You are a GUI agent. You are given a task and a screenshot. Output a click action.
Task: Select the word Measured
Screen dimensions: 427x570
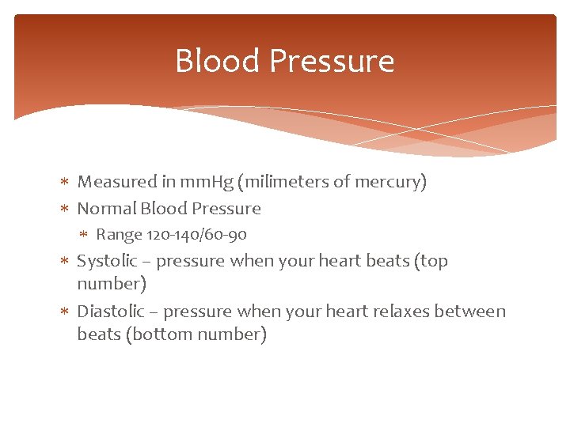[x=117, y=182]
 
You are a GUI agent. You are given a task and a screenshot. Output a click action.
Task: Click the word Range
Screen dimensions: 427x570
[x=119, y=235]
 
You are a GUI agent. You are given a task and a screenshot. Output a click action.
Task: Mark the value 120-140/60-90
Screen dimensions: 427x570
[x=196, y=235]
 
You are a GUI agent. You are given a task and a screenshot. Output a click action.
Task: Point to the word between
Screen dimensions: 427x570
[x=472, y=312]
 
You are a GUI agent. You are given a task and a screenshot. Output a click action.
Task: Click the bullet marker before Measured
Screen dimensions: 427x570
[x=65, y=183]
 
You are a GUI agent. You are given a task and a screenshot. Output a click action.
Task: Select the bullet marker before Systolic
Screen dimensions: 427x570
[x=65, y=261]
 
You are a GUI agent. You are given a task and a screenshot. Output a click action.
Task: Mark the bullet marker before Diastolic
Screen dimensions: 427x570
[x=65, y=312]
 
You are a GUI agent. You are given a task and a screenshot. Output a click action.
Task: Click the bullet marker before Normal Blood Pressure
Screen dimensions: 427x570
[x=65, y=209]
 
